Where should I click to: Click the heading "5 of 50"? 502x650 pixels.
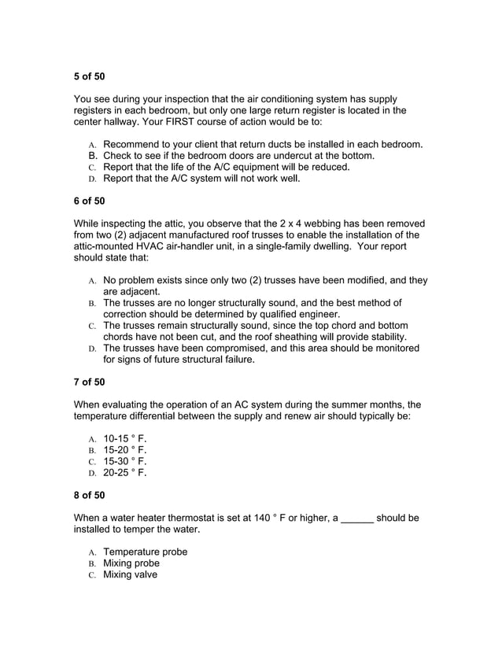click(89, 76)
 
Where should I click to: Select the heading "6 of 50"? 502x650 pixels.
click(89, 201)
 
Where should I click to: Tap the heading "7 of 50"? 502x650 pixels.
click(89, 382)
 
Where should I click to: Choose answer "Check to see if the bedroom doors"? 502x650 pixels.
click(238, 156)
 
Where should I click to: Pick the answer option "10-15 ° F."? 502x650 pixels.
click(125, 438)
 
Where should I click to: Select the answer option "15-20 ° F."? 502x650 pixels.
click(125, 450)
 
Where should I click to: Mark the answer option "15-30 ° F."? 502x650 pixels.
click(125, 461)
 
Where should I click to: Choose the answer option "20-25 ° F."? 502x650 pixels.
click(125, 473)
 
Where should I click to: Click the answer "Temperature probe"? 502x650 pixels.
click(146, 552)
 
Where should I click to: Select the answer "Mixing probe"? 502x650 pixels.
click(131, 563)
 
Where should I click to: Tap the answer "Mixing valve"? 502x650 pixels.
click(131, 574)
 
